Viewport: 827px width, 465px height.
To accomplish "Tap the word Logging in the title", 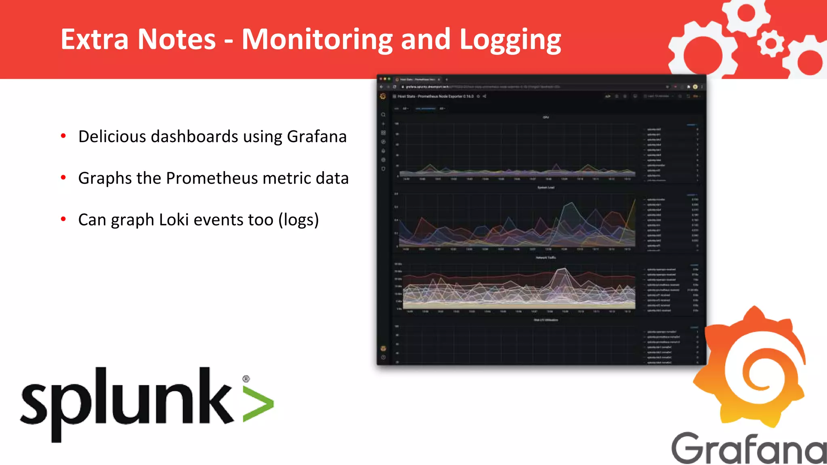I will tap(510, 40).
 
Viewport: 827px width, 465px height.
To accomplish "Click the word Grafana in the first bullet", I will tap(317, 136).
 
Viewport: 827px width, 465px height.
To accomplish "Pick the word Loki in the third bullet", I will tap(174, 220).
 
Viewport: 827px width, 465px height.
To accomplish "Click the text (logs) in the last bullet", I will tap(298, 220).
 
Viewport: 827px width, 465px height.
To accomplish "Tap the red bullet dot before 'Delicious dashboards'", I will tap(63, 136).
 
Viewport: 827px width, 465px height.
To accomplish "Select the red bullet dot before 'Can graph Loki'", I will tap(63, 219).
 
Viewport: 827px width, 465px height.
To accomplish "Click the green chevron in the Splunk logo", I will tap(258, 404).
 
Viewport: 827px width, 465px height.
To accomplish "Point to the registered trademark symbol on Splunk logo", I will tap(246, 379).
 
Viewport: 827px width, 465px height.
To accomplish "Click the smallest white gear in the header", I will tap(770, 43).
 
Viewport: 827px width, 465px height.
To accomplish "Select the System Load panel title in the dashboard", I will tap(546, 187).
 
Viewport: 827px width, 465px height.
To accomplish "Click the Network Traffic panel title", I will tap(546, 258).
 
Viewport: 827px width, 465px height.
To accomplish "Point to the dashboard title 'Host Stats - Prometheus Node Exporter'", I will tap(435, 96).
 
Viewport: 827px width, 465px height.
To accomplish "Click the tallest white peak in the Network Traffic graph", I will tap(564, 269).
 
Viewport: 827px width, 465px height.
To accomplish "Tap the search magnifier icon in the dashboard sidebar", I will tap(383, 115).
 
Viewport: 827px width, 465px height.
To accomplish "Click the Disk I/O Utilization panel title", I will tap(546, 320).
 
